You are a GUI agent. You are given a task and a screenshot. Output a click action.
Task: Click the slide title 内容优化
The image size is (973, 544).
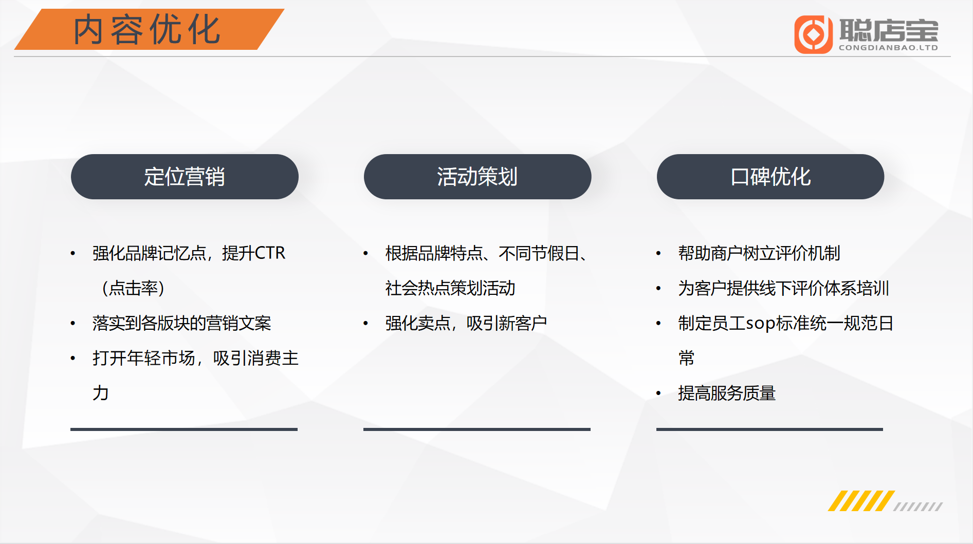pos(147,30)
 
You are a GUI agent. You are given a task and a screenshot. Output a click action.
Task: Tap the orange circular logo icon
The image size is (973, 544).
pos(813,34)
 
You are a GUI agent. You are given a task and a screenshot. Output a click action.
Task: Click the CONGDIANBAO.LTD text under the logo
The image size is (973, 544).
pos(888,48)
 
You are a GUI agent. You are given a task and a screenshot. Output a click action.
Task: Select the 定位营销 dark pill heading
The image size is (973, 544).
pos(185,177)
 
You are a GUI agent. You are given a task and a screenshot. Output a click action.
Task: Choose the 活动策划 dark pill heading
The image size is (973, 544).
pos(478,177)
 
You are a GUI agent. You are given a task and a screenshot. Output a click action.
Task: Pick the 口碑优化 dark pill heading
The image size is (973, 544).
pos(770,177)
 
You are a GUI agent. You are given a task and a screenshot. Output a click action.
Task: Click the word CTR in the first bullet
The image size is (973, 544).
pos(270,253)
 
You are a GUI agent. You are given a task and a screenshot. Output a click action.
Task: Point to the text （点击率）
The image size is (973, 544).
pos(133,288)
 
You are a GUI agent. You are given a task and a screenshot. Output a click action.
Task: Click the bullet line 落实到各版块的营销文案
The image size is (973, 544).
pos(181,323)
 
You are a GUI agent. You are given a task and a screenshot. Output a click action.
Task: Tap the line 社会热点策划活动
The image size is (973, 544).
pos(450,288)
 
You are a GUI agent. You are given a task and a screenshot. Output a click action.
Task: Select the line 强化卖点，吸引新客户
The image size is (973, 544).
pos(466,323)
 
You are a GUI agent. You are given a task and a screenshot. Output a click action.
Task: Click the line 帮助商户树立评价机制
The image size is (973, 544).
pos(759,253)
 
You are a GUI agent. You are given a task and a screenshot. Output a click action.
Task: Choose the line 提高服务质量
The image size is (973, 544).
pos(727,393)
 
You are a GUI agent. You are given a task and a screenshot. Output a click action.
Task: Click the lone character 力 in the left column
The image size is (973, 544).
pos(101,393)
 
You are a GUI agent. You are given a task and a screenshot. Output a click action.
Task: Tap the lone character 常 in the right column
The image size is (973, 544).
pos(687,358)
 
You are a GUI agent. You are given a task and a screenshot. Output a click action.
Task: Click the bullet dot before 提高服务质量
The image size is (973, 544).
pos(658,394)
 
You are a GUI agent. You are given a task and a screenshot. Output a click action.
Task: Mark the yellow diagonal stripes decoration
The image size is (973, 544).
pos(861,501)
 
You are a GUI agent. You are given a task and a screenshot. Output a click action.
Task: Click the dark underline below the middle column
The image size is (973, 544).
pos(477,429)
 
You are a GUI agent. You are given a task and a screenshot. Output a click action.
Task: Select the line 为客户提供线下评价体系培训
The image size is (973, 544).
pos(783,288)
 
